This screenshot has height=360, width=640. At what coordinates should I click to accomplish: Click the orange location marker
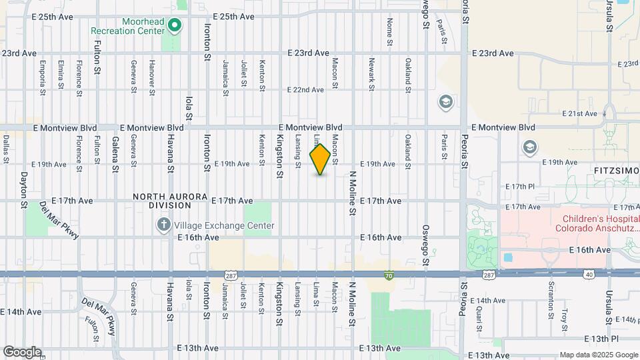(x=321, y=160)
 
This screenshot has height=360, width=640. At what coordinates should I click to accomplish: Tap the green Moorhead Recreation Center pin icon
(x=175, y=26)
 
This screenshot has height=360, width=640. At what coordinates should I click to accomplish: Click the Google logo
(x=22, y=351)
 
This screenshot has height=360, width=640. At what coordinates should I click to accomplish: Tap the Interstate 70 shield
(x=389, y=275)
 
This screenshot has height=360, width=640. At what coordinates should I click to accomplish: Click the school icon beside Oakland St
(x=445, y=102)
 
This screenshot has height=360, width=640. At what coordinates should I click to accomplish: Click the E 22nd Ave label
(x=305, y=90)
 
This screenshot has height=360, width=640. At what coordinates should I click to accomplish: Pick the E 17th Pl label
(x=520, y=186)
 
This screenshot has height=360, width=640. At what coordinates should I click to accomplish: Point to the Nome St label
(x=389, y=32)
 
